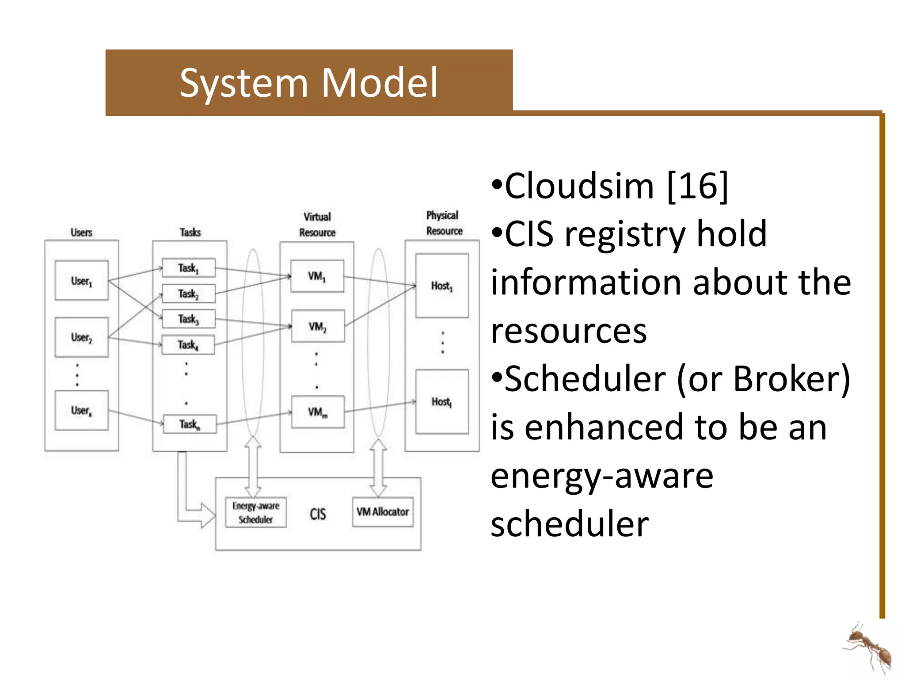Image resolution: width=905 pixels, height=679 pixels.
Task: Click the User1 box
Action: [x=82, y=281]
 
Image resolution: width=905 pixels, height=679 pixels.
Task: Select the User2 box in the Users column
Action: [x=82, y=337]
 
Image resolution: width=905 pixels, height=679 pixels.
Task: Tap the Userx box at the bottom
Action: [x=82, y=410]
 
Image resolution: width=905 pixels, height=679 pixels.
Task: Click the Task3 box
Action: [x=189, y=319]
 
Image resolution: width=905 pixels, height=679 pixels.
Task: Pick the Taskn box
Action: [x=190, y=424]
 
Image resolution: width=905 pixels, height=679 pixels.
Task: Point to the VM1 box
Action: [x=317, y=276]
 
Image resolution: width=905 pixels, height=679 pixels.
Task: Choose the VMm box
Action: [x=318, y=412]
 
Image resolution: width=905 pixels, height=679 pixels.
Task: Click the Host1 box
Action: [x=442, y=286]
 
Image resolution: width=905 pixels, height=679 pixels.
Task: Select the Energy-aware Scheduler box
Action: [x=256, y=512]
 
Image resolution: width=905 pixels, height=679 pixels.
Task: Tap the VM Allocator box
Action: [x=383, y=512]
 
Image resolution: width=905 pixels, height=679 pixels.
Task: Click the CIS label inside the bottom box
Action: [x=318, y=514]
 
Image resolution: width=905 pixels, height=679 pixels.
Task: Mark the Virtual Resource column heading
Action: [x=317, y=225]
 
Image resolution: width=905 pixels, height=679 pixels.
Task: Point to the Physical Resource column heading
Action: [x=444, y=223]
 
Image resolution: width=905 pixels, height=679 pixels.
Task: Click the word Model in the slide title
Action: [x=379, y=83]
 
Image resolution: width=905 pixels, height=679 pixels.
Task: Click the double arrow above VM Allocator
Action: [x=378, y=468]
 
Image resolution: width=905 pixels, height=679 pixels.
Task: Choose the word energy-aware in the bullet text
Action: [x=602, y=477]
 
